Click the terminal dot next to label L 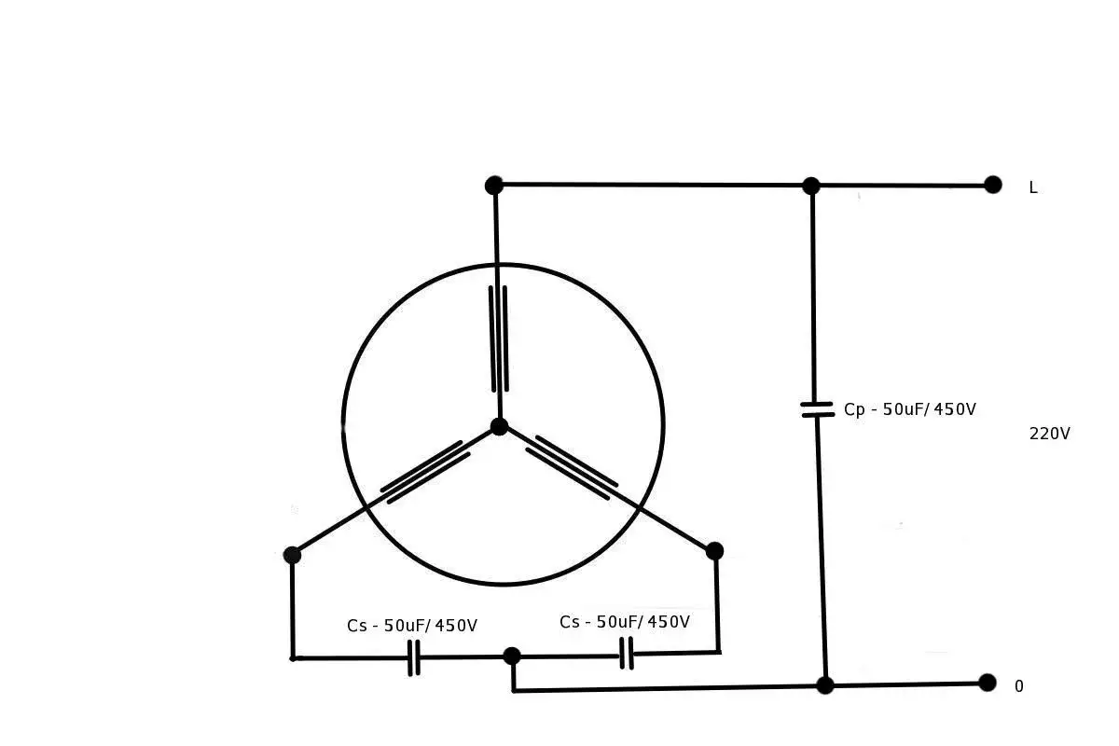coord(992,185)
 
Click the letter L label coord(1033,187)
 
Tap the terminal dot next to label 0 coord(988,683)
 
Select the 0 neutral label coord(1019,686)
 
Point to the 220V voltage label coord(1049,434)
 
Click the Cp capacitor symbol coord(817,409)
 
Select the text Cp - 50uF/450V coord(910,409)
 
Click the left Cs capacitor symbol coord(414,657)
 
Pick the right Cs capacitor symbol coord(627,653)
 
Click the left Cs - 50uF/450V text coord(412,625)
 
